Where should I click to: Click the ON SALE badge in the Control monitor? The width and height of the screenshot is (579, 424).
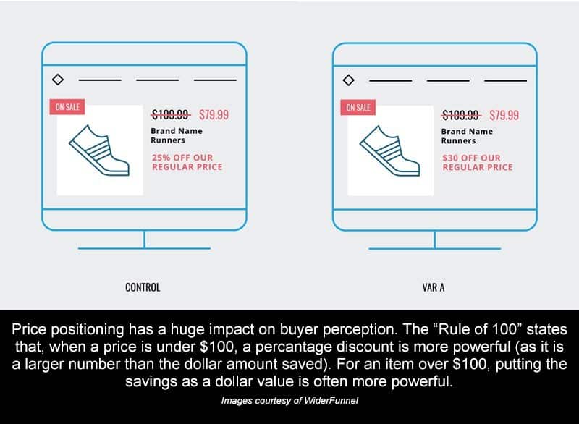pos(67,107)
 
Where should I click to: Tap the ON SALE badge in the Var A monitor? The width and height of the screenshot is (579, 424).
pos(358,107)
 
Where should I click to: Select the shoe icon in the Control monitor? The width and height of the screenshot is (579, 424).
pos(99,150)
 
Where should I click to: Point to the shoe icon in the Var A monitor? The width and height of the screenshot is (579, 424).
pos(389,150)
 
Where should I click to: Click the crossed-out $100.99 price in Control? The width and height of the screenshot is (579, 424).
pos(171,115)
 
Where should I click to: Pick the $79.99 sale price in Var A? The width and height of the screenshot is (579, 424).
pos(504,115)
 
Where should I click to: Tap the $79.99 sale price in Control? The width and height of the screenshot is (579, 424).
pos(214,115)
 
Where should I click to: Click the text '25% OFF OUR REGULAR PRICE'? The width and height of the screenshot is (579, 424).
pos(187,162)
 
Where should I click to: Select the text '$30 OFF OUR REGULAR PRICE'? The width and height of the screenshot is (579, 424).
pos(478,163)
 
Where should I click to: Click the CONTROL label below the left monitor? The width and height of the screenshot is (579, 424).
pos(143,287)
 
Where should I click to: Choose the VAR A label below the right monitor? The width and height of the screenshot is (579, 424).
pos(434,287)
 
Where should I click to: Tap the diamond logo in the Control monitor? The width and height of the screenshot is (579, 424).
pos(58,80)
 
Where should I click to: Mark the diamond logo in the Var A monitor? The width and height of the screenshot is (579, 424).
pos(349,80)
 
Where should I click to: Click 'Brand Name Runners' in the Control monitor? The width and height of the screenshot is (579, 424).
pos(177,135)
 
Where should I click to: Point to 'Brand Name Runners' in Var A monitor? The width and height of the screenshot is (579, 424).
pos(467,136)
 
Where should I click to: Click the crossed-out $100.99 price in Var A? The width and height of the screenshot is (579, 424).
pos(461,115)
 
